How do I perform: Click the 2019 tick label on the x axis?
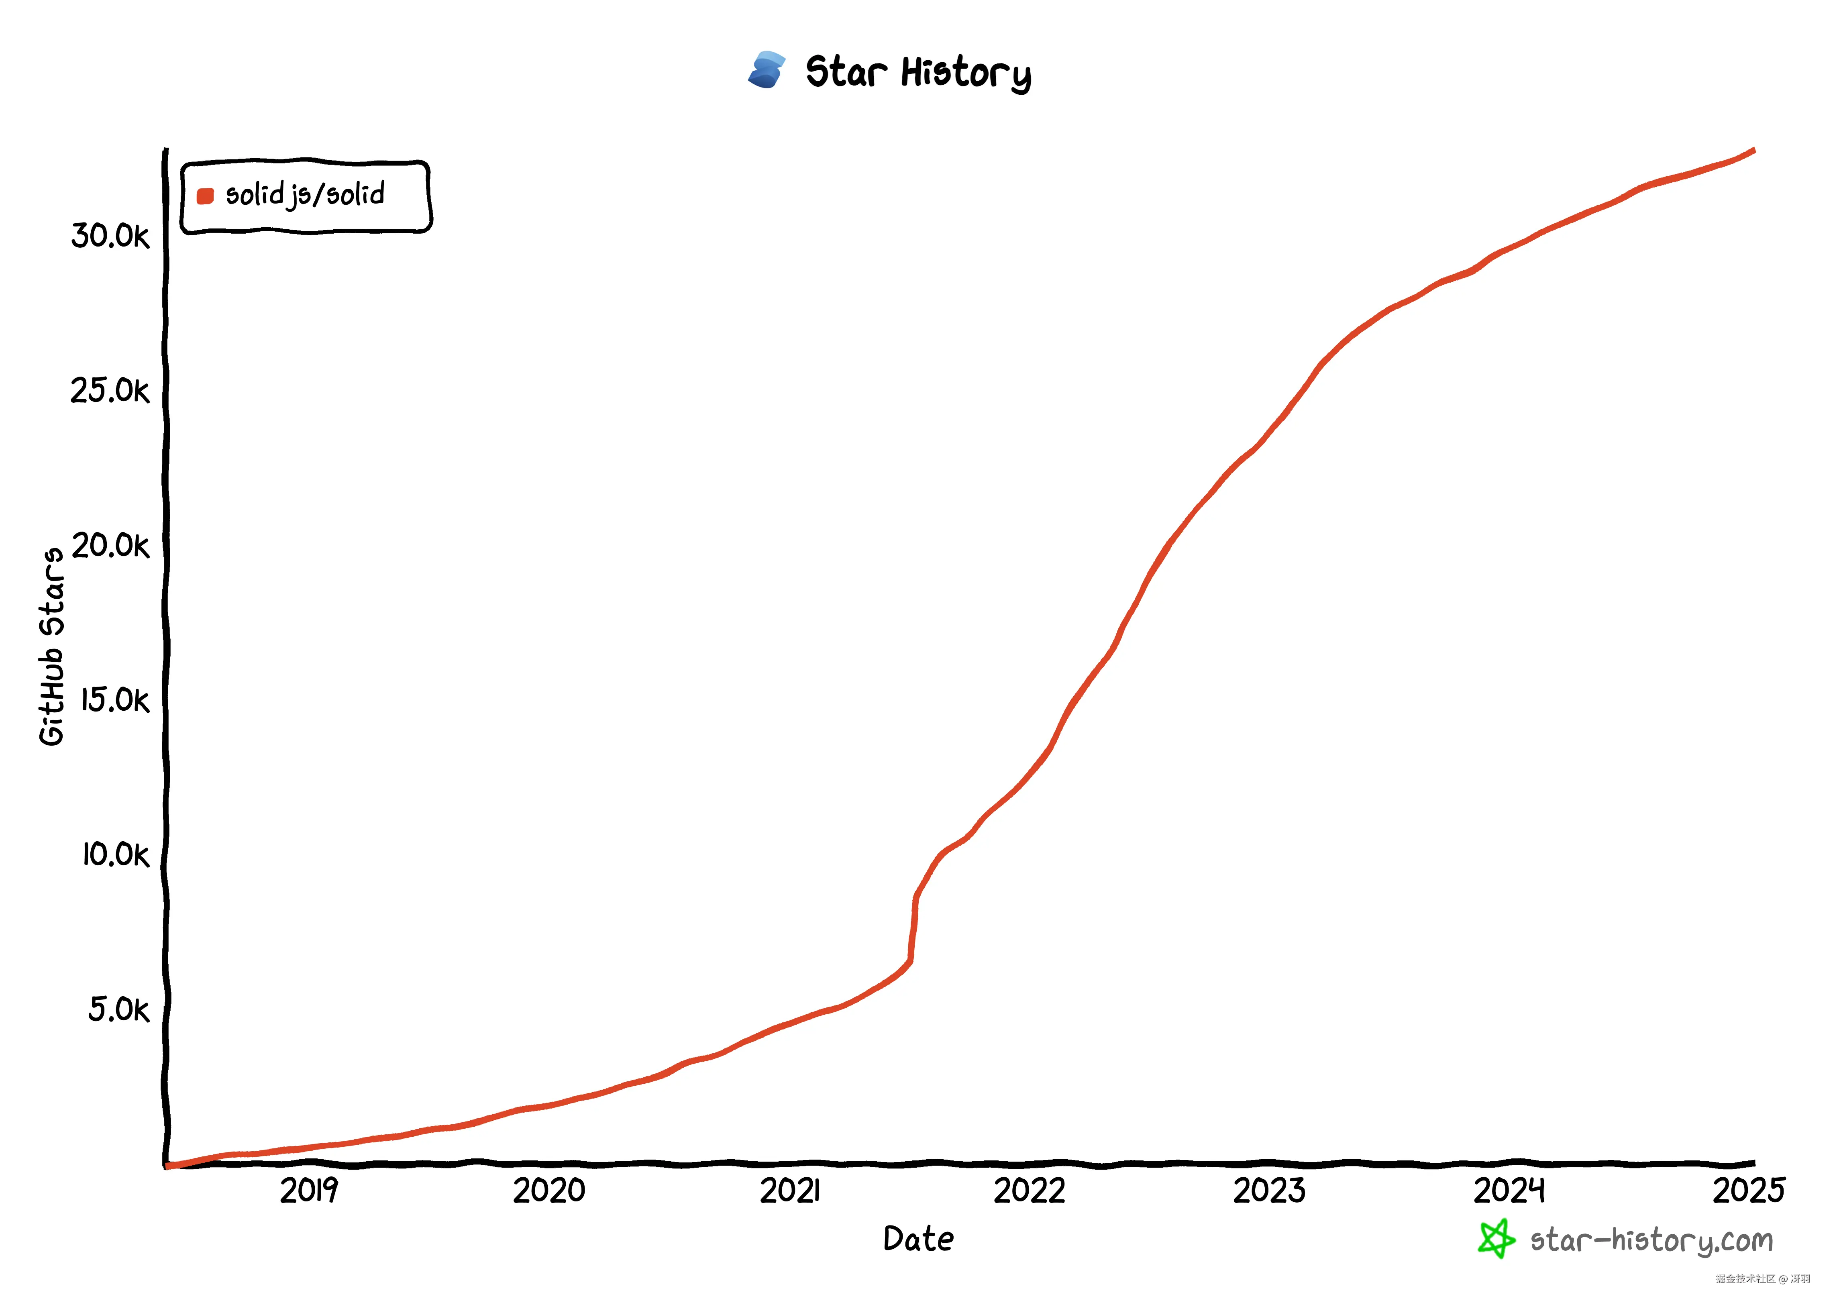[x=309, y=1191]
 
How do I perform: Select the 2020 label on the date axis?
[x=549, y=1191]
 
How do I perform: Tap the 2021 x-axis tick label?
[x=790, y=1191]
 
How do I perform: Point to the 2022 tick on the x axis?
[x=1029, y=1191]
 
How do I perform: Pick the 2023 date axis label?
[x=1269, y=1191]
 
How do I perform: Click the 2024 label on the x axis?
[x=1509, y=1191]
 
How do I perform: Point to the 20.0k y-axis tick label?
[x=111, y=546]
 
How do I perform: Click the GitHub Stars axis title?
[x=52, y=647]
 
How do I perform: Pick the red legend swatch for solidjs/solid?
[x=205, y=196]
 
